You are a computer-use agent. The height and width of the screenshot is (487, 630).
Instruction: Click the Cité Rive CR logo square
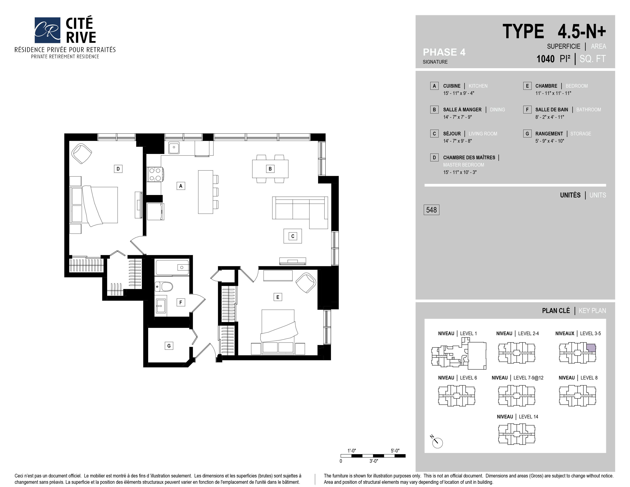pyautogui.click(x=47, y=30)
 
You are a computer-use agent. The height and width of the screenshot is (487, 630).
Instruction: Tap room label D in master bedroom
pyautogui.click(x=118, y=169)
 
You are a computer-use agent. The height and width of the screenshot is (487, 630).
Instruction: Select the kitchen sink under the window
pyautogui.click(x=174, y=147)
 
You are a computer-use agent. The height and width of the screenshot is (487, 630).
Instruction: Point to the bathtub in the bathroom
pyautogui.click(x=172, y=267)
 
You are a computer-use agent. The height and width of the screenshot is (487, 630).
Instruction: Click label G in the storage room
pyautogui.click(x=169, y=346)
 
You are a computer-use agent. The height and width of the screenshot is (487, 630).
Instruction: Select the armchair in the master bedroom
pyautogui.click(x=82, y=153)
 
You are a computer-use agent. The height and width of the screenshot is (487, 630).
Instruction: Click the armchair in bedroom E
pyautogui.click(x=306, y=283)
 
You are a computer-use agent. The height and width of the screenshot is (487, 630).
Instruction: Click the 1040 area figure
pyautogui.click(x=545, y=59)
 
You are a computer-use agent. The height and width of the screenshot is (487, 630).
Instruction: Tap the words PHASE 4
pyautogui.click(x=444, y=52)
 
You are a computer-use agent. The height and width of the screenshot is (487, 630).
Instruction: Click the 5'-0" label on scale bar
pyautogui.click(x=395, y=451)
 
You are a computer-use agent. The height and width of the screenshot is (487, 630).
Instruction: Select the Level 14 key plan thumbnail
pyautogui.click(x=516, y=434)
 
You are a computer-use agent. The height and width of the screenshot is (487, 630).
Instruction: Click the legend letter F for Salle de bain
pyautogui.click(x=527, y=110)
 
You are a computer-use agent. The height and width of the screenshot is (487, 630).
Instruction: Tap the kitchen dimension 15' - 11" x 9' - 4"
pyautogui.click(x=459, y=93)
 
